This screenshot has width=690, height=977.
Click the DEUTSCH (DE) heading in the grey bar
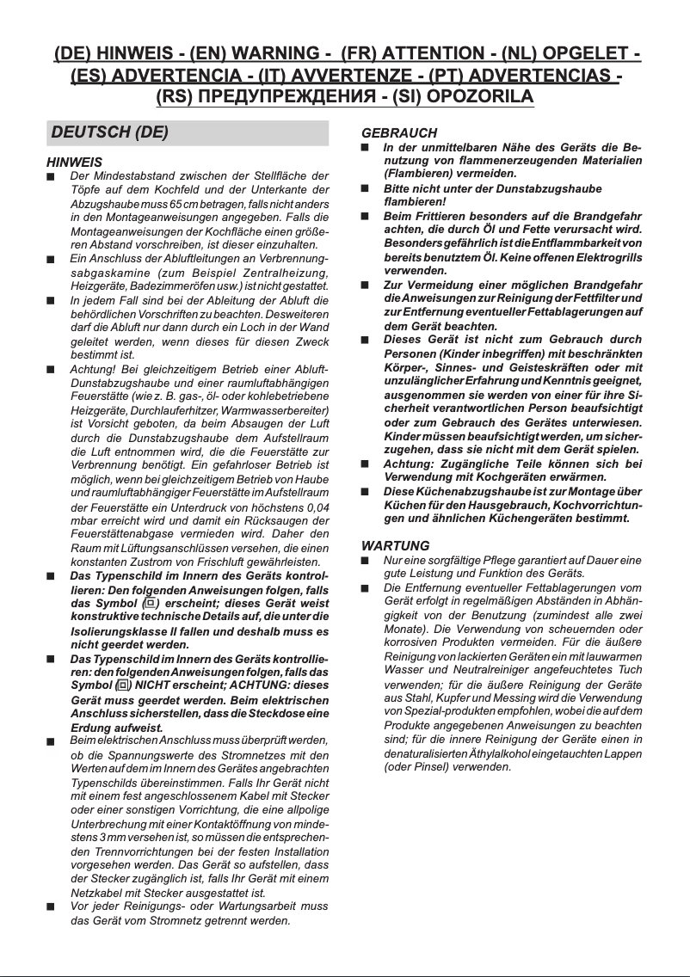(x=109, y=133)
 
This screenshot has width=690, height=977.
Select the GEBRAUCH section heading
(x=398, y=133)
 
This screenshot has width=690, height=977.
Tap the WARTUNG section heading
(x=395, y=546)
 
